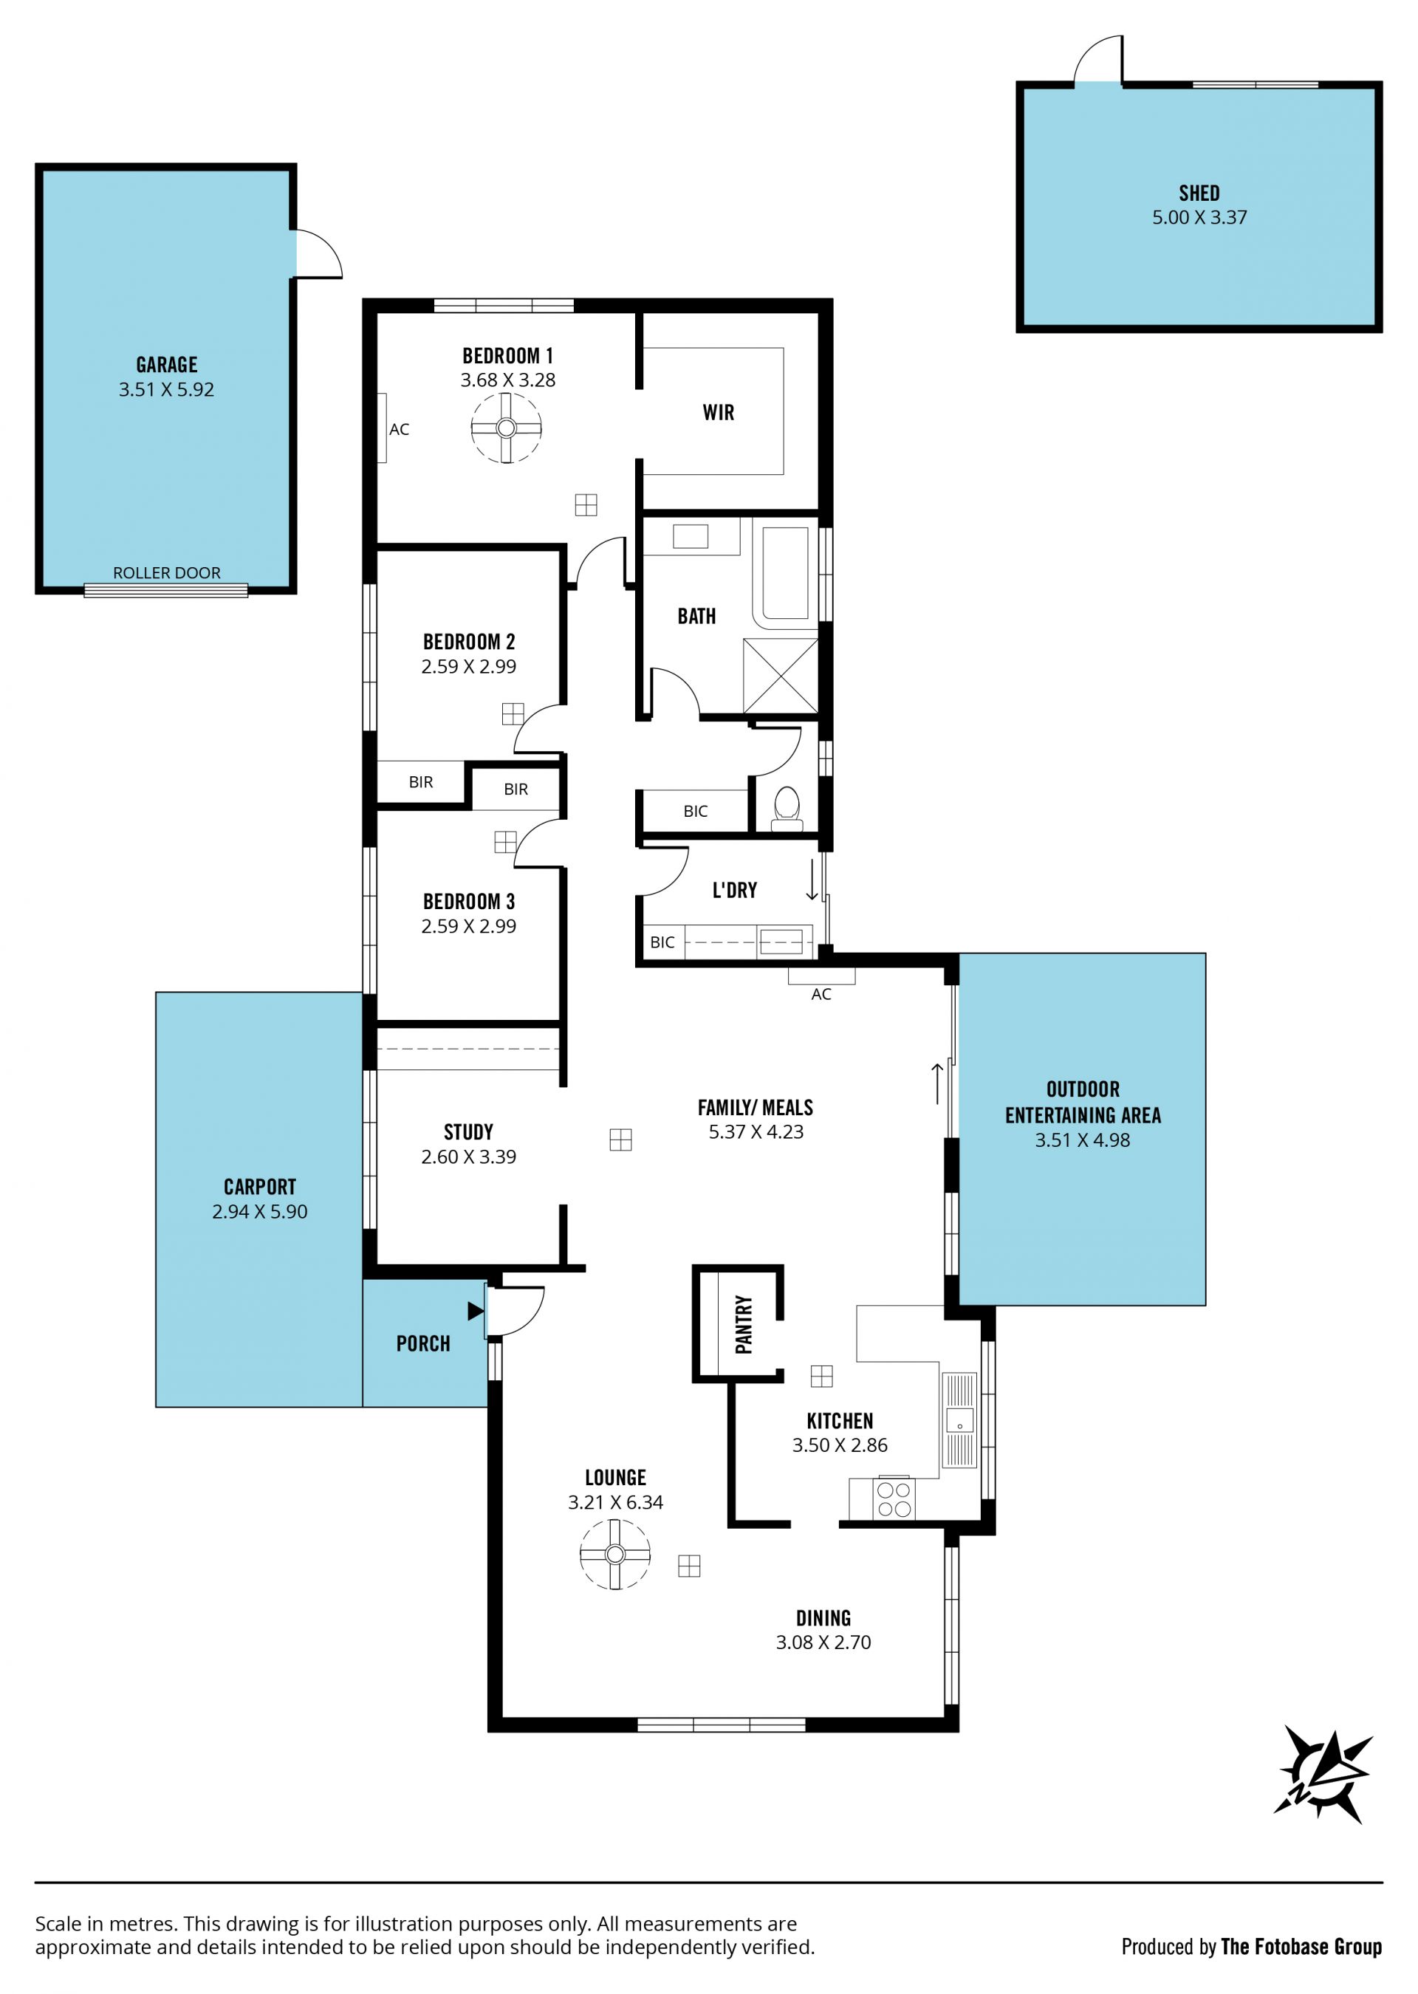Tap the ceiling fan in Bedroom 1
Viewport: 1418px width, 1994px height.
507,428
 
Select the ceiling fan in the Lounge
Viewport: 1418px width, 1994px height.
614,1554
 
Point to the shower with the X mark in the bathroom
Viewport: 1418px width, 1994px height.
781,676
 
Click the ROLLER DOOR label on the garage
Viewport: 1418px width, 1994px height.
167,572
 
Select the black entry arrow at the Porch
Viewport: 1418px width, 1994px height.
476,1310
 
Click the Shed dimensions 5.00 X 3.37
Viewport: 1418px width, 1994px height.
1199,217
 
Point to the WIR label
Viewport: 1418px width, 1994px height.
719,412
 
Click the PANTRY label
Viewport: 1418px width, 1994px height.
743,1324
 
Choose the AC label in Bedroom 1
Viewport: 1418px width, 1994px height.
399,430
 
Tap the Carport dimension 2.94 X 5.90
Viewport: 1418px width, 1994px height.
259,1211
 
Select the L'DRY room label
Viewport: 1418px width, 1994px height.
734,890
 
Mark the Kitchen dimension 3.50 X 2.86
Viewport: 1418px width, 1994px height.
839,1445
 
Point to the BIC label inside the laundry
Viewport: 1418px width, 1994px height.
662,942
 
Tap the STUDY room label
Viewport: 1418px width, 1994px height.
468,1131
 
